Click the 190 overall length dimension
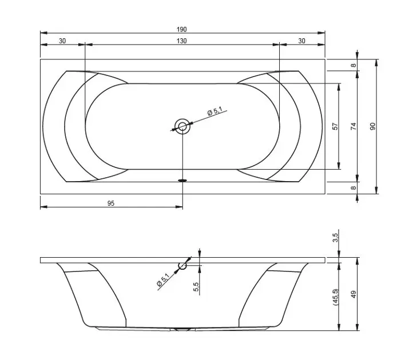click(181, 30)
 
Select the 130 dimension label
click(181, 41)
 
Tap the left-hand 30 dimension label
click(62, 41)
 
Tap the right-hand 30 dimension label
click(301, 41)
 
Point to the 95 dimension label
click(111, 203)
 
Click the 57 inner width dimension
click(335, 126)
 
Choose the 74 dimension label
click(353, 126)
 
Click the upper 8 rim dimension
click(353, 65)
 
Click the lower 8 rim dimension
click(353, 187)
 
